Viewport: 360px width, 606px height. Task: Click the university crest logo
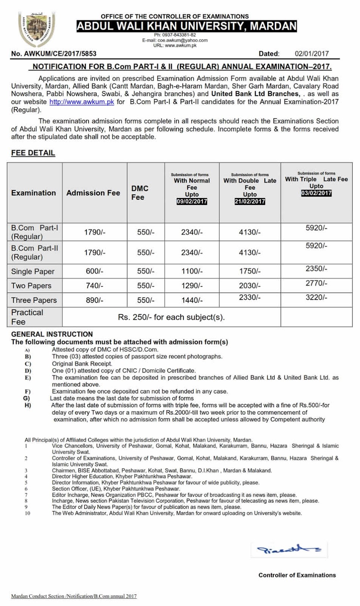[36, 31]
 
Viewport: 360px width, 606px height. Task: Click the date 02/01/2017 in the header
[311, 54]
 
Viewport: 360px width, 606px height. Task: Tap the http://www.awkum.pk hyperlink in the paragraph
[81, 102]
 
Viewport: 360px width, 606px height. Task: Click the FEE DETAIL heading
[33, 153]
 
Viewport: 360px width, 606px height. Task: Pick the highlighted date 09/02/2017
[192, 201]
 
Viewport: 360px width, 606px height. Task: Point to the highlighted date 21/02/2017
[250, 201]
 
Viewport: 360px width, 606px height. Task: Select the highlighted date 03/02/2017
[316, 193]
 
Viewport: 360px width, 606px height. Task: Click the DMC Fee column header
[140, 192]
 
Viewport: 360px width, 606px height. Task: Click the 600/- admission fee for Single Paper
[94, 271]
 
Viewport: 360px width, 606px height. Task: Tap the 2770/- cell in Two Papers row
[316, 283]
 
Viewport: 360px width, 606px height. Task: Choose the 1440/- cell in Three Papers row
[192, 300]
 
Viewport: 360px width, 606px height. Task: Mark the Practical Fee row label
[27, 317]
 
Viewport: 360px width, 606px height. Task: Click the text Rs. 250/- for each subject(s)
[171, 317]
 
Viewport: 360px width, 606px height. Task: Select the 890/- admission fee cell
[94, 300]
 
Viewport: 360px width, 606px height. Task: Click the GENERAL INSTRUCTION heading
[52, 334]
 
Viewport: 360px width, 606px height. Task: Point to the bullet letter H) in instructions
[27, 405]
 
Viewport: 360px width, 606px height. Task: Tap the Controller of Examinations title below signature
[297, 575]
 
